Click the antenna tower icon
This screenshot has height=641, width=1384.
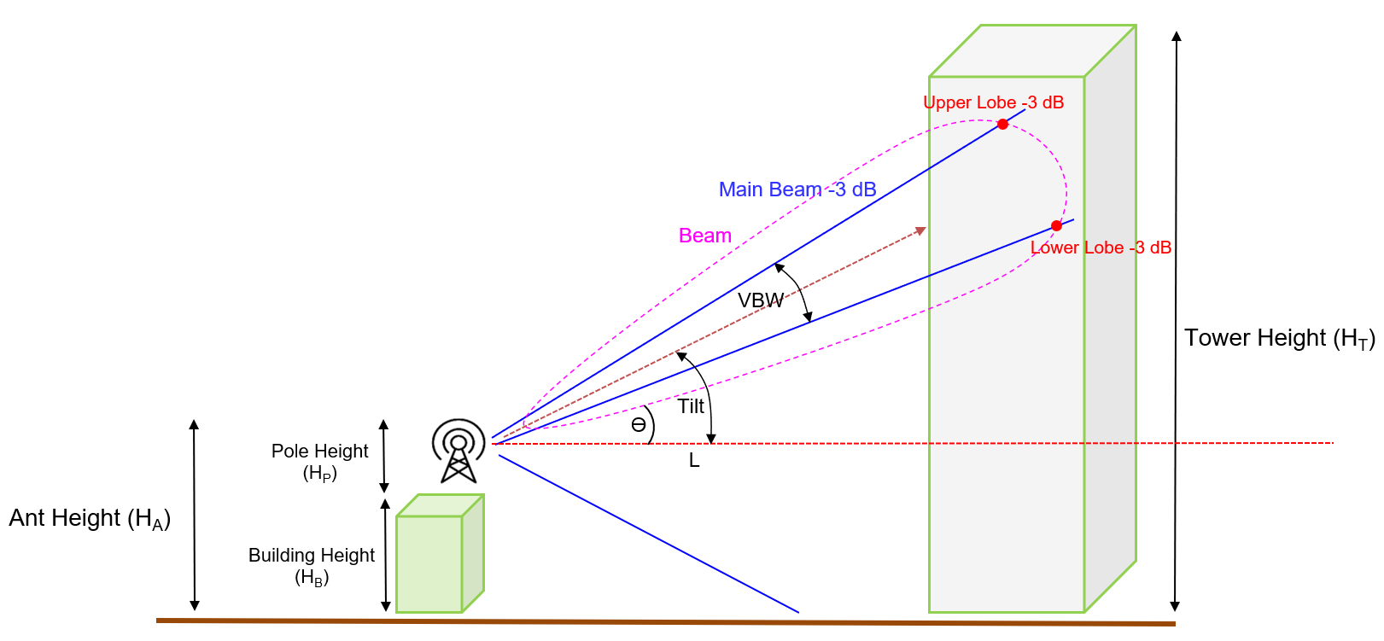pyautogui.click(x=458, y=451)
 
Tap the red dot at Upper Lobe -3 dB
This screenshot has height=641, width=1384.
pyautogui.click(x=1002, y=125)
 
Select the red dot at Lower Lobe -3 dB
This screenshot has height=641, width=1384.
pyautogui.click(x=1056, y=226)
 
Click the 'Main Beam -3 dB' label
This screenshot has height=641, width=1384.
pyautogui.click(x=797, y=189)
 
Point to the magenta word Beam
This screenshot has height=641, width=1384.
pyautogui.click(x=704, y=236)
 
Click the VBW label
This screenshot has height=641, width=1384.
pyautogui.click(x=760, y=300)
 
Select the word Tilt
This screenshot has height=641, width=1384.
pyautogui.click(x=691, y=406)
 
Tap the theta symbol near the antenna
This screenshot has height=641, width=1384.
pyautogui.click(x=639, y=425)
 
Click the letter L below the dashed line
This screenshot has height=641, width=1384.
pyautogui.click(x=694, y=461)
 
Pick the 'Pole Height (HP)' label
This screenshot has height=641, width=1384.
pyautogui.click(x=319, y=461)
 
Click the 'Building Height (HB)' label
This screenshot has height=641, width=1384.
pyautogui.click(x=312, y=565)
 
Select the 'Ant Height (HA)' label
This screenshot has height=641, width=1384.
pyautogui.click(x=90, y=519)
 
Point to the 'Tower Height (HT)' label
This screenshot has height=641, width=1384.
pyautogui.click(x=1279, y=339)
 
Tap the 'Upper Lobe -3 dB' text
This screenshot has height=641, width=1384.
pyautogui.click(x=993, y=102)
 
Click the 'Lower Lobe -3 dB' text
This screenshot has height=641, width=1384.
pyautogui.click(x=1101, y=248)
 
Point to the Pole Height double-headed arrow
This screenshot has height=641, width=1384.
pyautogui.click(x=384, y=456)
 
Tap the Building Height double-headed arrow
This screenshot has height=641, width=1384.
pyautogui.click(x=385, y=555)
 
